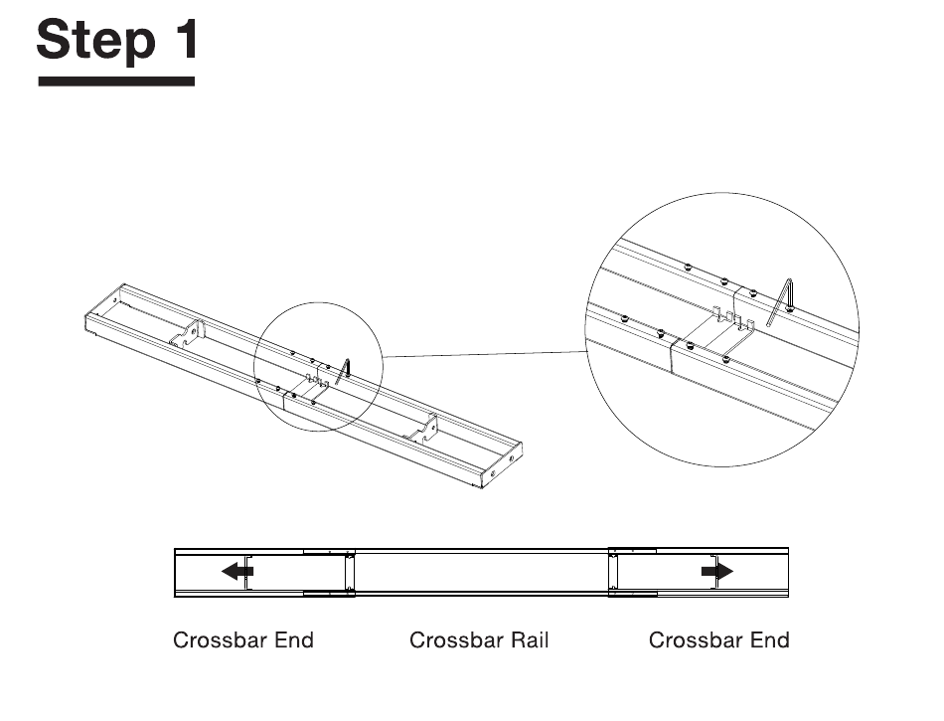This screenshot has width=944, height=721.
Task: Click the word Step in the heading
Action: (x=95, y=41)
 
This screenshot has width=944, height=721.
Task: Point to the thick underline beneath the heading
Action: (x=116, y=80)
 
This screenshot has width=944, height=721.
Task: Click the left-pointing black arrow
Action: (x=236, y=571)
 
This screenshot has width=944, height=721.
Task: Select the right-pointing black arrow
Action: (x=716, y=571)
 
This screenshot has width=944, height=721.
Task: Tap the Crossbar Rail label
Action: (x=479, y=639)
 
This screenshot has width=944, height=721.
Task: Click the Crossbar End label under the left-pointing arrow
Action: (x=243, y=639)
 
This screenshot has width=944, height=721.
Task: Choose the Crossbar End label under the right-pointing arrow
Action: (x=719, y=639)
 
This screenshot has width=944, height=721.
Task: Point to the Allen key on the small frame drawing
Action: (x=344, y=370)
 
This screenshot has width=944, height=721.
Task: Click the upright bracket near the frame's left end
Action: (x=195, y=332)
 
